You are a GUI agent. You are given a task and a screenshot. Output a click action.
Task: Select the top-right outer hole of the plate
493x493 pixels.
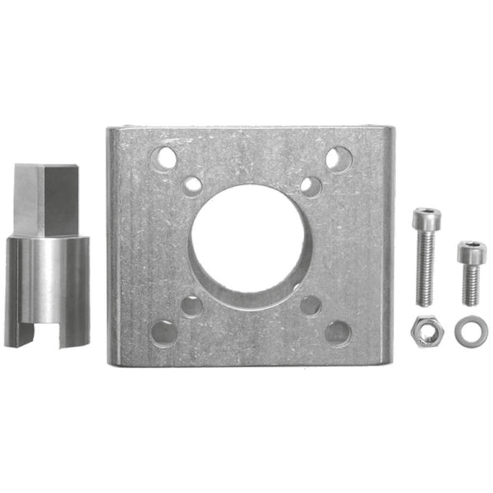coord(338,158)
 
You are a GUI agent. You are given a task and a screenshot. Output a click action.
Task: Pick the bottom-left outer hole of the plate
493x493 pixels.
coord(164,332)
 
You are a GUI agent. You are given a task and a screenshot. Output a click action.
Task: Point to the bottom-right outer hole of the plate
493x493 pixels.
coord(337,332)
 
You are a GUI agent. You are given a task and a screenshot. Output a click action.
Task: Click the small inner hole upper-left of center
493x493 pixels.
coord(193,185)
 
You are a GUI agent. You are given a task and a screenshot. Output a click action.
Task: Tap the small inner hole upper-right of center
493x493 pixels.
coord(310,186)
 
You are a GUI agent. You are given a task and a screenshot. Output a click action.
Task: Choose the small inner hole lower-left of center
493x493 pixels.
coord(191,306)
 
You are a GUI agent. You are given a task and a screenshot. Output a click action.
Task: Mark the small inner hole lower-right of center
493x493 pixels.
coord(311,306)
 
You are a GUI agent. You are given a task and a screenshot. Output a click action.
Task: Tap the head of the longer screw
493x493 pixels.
coord(426,220)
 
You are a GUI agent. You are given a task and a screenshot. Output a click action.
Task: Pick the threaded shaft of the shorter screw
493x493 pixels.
coord(471,283)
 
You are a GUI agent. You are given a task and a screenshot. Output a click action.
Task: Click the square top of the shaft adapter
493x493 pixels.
coord(48,197)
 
